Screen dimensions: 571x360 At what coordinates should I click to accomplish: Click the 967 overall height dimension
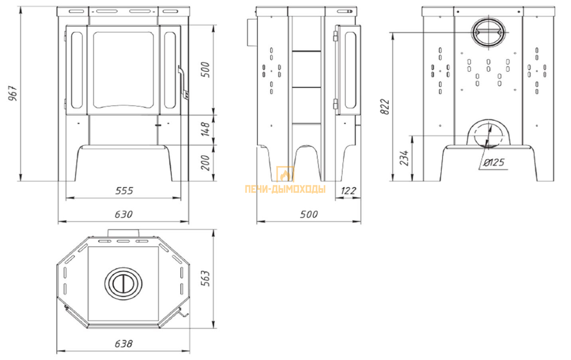click(13, 93)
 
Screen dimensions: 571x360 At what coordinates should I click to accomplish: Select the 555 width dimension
click(124, 191)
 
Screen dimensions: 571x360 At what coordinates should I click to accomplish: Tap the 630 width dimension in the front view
click(123, 214)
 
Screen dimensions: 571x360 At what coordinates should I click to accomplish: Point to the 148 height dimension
click(206, 129)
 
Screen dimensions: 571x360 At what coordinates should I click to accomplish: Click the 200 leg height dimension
click(206, 162)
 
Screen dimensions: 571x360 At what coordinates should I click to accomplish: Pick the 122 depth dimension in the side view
click(348, 191)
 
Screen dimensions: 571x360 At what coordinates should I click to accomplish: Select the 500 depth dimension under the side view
click(309, 214)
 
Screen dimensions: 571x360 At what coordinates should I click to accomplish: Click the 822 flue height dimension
click(385, 107)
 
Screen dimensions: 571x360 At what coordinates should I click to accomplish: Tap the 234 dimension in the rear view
click(404, 158)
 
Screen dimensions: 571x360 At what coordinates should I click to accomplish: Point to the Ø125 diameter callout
click(494, 162)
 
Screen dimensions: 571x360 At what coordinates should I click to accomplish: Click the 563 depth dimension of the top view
click(206, 278)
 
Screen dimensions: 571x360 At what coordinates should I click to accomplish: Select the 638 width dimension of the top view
click(123, 344)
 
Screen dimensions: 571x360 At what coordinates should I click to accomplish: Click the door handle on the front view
click(183, 83)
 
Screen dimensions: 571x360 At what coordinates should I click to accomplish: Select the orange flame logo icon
click(285, 175)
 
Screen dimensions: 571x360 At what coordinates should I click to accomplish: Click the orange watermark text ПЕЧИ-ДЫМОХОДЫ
click(285, 189)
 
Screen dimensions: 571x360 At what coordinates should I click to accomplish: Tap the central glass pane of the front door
click(123, 70)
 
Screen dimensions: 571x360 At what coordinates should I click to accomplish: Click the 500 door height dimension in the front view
click(206, 69)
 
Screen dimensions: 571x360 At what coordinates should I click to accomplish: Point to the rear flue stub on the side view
click(251, 32)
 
